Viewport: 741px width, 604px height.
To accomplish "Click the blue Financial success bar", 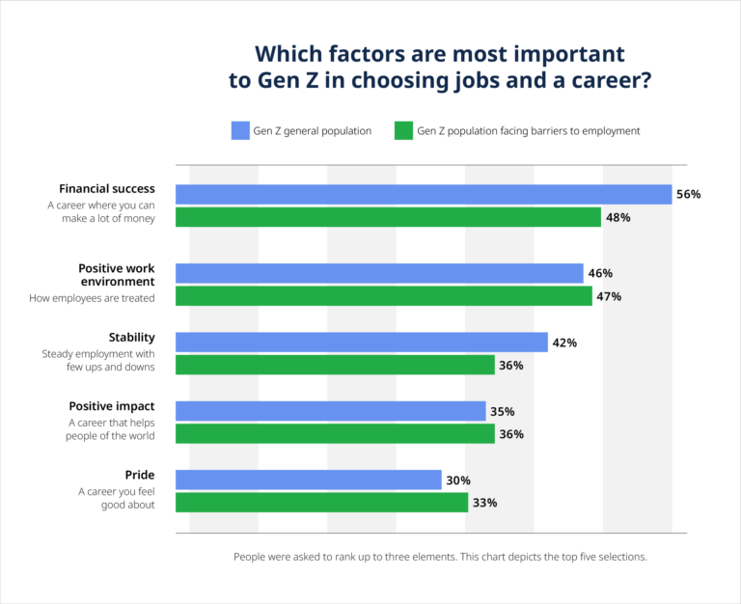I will coord(423,194).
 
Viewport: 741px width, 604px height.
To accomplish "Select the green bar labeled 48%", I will coord(388,217).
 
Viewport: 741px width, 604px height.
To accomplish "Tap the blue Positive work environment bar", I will coord(379,273).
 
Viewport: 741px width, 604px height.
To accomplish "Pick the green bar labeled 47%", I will coord(383,296).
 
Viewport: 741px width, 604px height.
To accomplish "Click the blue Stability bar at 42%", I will coord(361,343).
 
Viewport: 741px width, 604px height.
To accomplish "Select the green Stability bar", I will coord(335,366).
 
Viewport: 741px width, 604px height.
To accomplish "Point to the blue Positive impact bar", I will coord(330,411).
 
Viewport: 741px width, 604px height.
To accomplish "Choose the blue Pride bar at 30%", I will coord(308,480).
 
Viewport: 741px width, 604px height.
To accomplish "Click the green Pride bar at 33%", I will coord(321,503).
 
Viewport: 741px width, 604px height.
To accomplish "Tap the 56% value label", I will coord(688,194).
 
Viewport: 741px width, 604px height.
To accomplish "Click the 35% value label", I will coord(502,411).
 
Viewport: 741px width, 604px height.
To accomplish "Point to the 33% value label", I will coord(485,503).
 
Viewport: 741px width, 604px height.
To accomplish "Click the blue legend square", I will coord(240,131).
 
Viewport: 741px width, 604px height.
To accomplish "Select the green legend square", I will coord(404,131).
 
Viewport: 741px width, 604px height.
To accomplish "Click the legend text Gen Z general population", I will coord(312,131).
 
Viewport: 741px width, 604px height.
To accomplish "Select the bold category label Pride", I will coord(140,475).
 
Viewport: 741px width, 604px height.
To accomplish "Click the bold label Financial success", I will coord(107,188).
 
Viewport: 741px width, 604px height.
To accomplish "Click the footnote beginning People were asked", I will coord(439,557).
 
